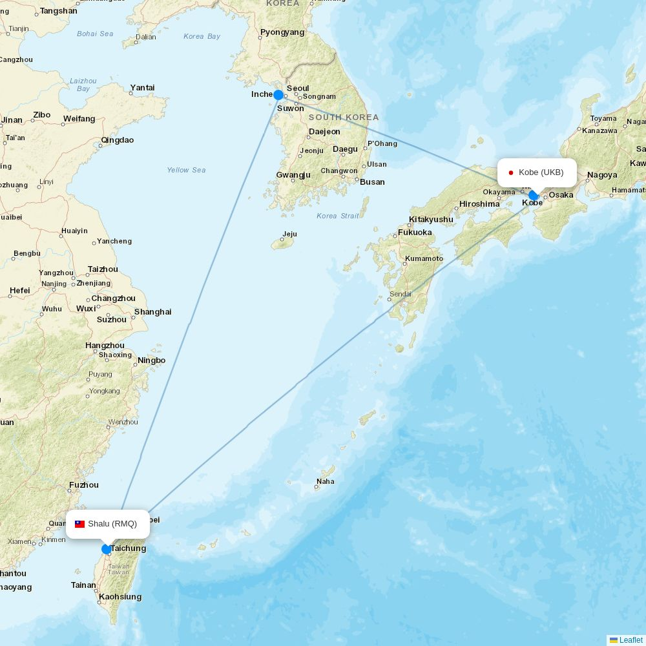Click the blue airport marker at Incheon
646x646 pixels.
278,95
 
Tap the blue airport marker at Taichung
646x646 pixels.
107,549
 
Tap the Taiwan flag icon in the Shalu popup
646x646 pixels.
80,524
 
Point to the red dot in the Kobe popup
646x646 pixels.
511,172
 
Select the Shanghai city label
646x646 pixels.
152,312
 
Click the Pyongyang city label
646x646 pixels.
282,32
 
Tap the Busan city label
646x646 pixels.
372,182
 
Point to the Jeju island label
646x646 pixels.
289,234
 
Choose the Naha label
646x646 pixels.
326,481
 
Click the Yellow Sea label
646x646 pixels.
186,170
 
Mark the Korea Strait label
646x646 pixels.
338,216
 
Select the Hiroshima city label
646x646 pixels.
479,204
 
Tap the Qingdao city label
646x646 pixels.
118,140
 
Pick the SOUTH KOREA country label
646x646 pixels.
344,118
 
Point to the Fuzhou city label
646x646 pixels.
84,485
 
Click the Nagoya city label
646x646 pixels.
602,175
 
